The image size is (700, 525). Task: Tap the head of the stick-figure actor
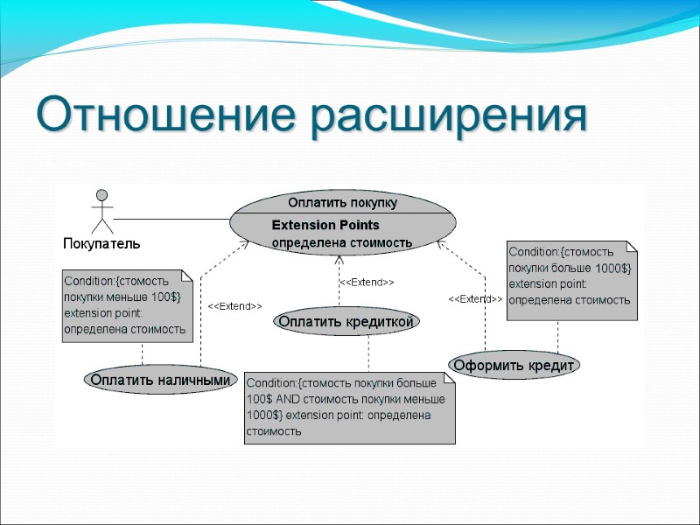(x=102, y=194)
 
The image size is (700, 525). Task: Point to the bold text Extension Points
(x=325, y=225)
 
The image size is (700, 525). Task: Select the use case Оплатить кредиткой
(x=346, y=321)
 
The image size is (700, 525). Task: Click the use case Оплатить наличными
(x=162, y=380)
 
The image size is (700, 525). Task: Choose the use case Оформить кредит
(x=514, y=364)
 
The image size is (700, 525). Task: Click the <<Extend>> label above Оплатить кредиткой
(x=367, y=283)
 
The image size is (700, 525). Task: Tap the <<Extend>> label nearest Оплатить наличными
(x=234, y=306)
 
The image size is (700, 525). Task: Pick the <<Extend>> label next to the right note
(x=475, y=299)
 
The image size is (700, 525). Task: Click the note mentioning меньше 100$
(x=127, y=304)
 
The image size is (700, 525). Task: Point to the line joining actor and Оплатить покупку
(x=171, y=218)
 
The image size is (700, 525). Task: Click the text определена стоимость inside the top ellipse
(x=342, y=242)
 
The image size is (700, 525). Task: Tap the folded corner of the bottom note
(x=449, y=377)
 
